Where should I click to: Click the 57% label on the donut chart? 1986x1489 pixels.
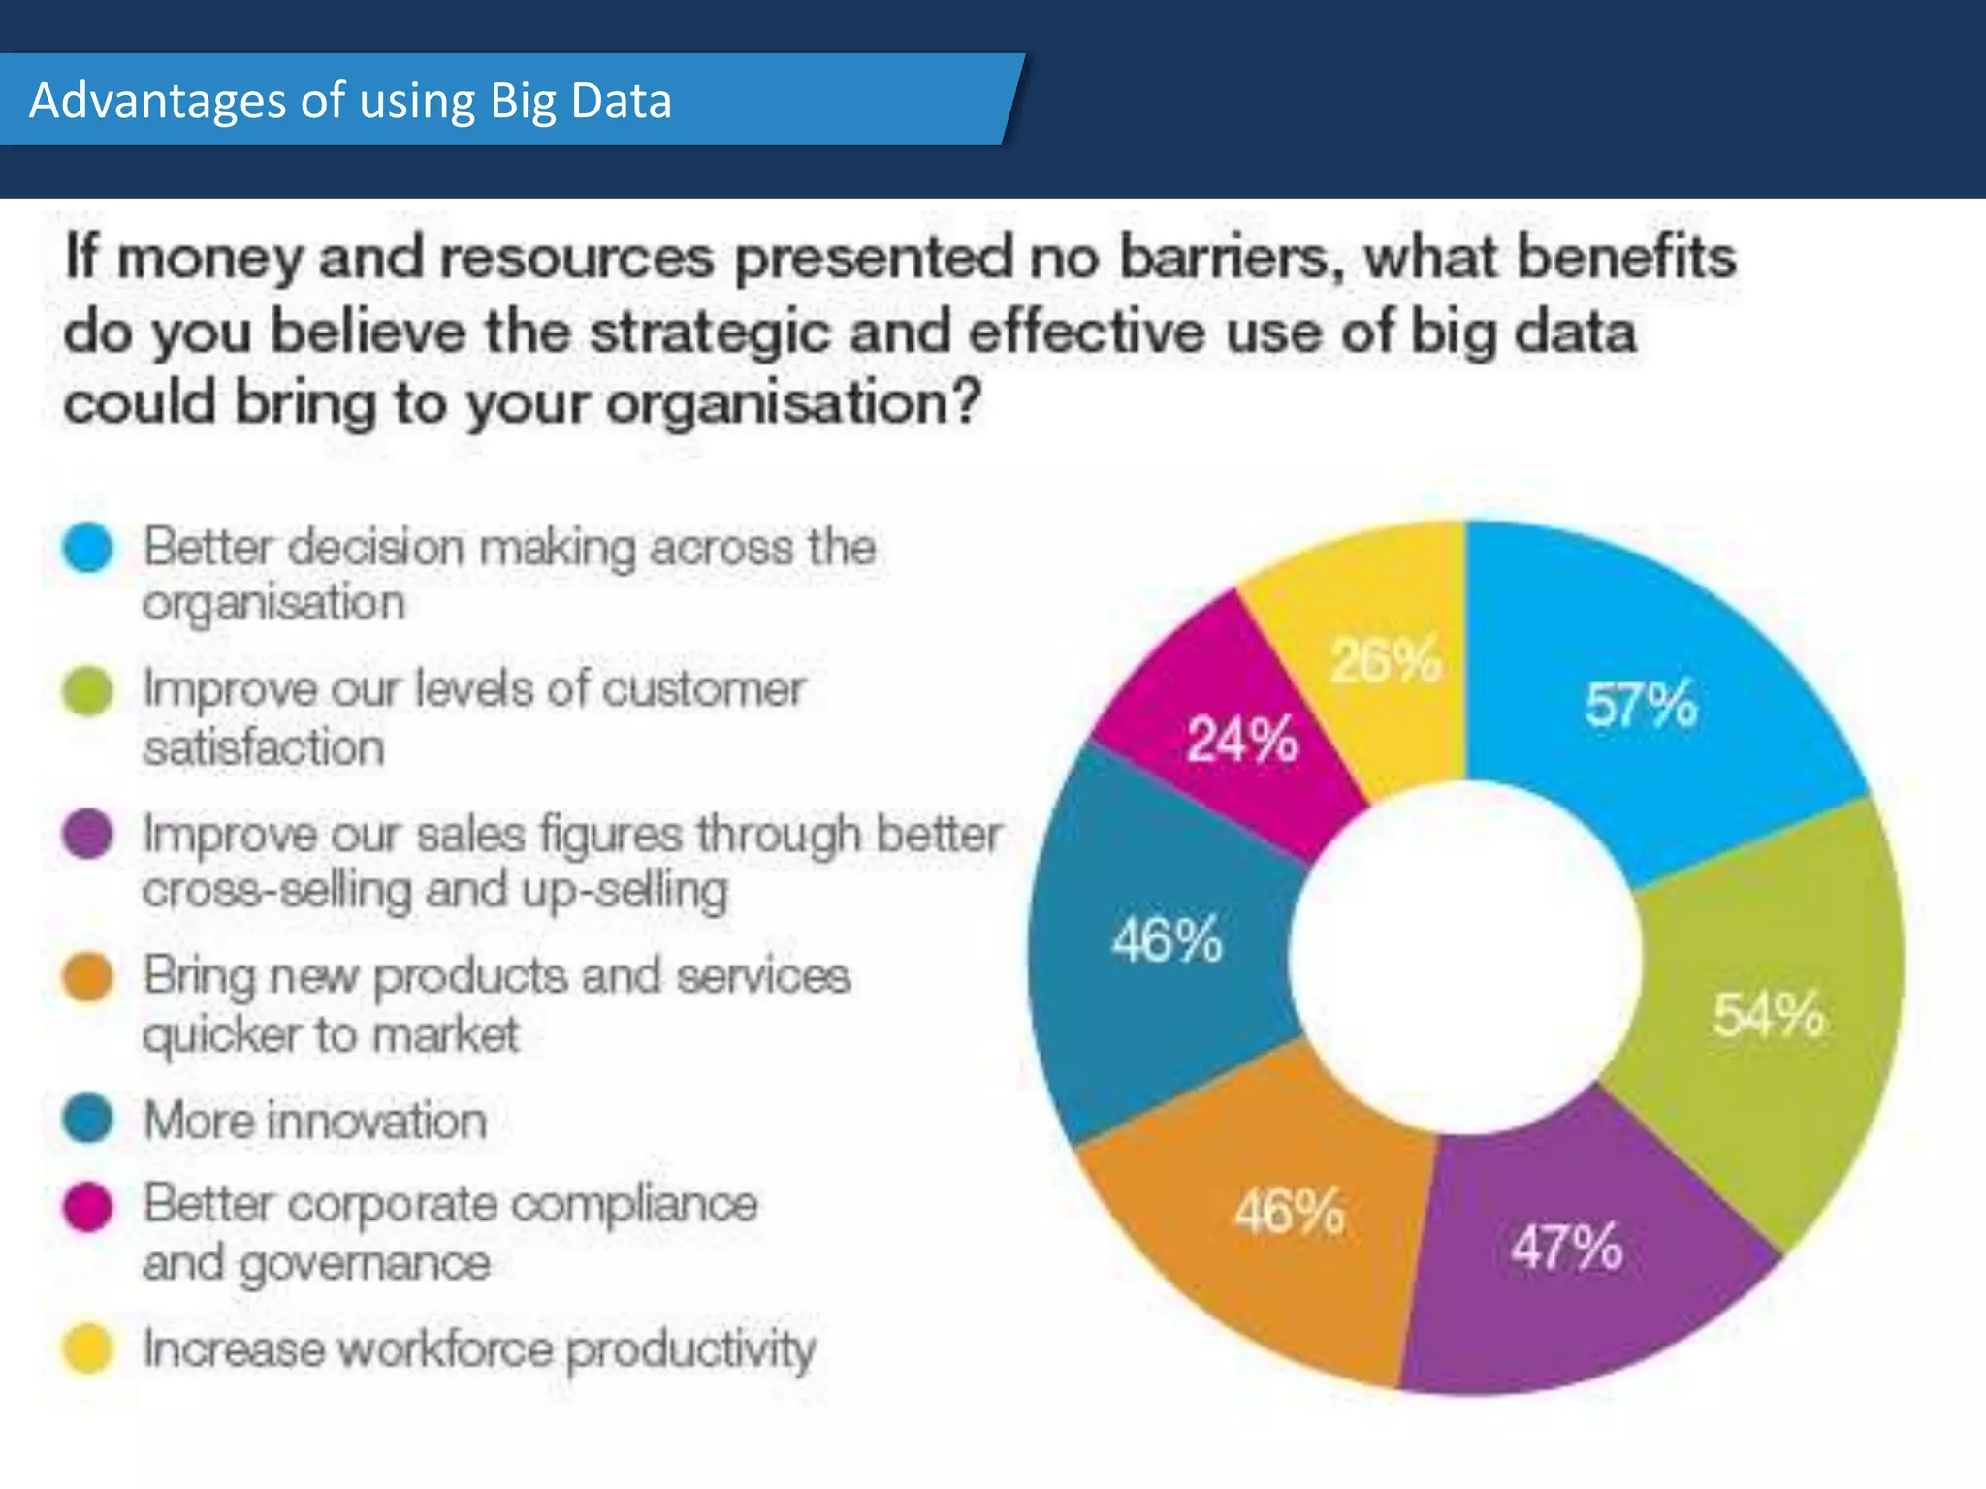click(x=1641, y=705)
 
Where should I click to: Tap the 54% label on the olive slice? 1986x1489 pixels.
click(x=1768, y=1015)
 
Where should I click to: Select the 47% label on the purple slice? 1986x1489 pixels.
click(x=1566, y=1247)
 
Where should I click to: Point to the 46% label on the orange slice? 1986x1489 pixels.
click(x=1289, y=1211)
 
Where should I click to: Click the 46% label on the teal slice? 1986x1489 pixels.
click(x=1167, y=939)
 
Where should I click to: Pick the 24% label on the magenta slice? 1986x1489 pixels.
click(x=1242, y=740)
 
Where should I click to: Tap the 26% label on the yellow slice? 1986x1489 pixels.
click(x=1385, y=661)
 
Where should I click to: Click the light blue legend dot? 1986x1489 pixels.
click(x=88, y=548)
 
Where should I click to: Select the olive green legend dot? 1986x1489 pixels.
click(x=88, y=691)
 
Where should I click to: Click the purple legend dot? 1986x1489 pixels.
click(x=88, y=834)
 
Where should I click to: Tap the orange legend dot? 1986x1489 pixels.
click(x=88, y=977)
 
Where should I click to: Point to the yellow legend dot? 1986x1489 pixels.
click(x=88, y=1348)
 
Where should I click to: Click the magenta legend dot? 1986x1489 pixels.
click(x=88, y=1206)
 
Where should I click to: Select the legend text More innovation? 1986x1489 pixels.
click(x=315, y=1121)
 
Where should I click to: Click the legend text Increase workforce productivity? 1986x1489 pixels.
click(x=479, y=1348)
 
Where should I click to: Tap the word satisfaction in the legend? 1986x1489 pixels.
click(x=264, y=747)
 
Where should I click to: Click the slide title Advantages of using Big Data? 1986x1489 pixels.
click(x=350, y=101)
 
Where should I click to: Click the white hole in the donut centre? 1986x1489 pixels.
click(x=1466, y=957)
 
